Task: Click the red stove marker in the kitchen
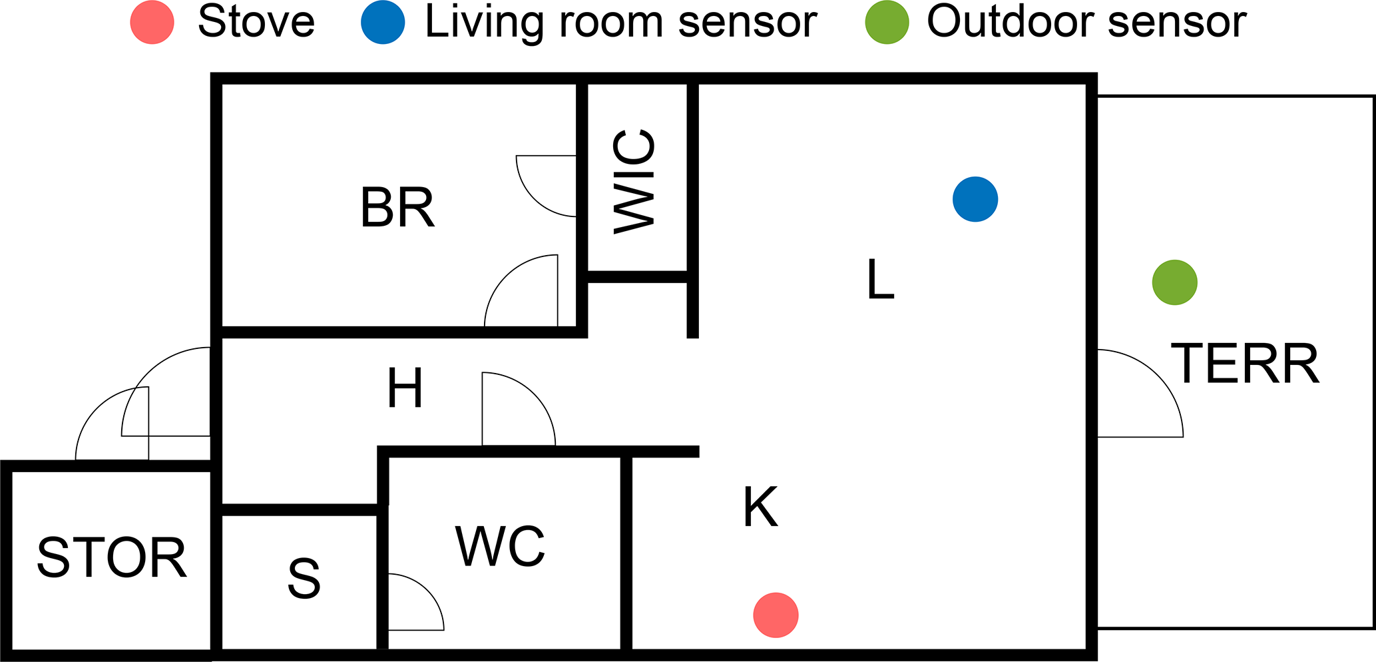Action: (776, 615)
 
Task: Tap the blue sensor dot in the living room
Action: (975, 199)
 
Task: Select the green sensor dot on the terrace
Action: (1175, 282)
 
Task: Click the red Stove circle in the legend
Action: (152, 23)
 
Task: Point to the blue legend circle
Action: (383, 23)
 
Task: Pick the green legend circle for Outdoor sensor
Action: (887, 23)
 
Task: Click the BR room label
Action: (397, 208)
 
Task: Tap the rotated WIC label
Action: (634, 182)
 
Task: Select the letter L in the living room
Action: (880, 280)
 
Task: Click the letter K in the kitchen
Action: (760, 507)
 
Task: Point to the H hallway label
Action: (405, 388)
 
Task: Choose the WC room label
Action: (501, 546)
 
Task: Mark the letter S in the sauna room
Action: (304, 578)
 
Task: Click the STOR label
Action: (112, 557)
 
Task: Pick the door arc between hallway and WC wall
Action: (517, 410)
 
